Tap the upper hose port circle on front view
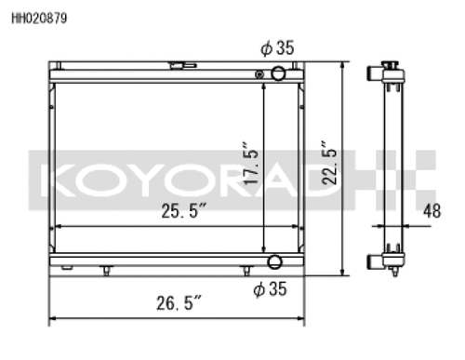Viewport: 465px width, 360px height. pos(276,73)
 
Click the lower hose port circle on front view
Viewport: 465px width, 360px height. pos(274,262)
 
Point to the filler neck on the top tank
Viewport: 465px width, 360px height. pos(177,65)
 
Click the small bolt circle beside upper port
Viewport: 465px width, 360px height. pos(261,73)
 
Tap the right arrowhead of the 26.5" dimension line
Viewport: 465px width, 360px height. pos(303,317)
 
